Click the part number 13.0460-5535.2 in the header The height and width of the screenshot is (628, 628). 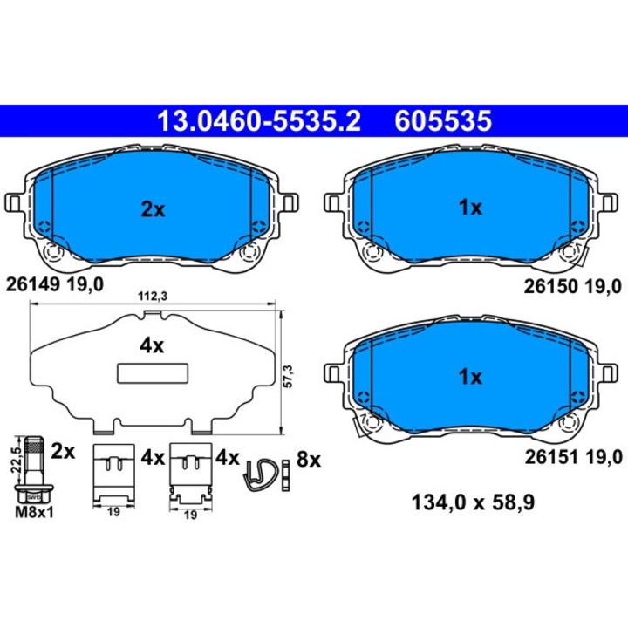click(x=257, y=119)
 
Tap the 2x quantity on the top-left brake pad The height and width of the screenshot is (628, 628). click(x=153, y=208)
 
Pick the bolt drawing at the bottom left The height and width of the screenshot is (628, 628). click(x=34, y=471)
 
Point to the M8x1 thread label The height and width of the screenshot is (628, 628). click(x=34, y=513)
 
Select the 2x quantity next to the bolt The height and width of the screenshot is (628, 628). click(x=65, y=452)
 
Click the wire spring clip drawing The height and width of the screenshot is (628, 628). click(x=263, y=475)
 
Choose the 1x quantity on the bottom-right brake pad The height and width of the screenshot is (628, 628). click(x=470, y=377)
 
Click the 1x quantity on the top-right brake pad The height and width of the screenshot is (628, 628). click(x=470, y=208)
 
